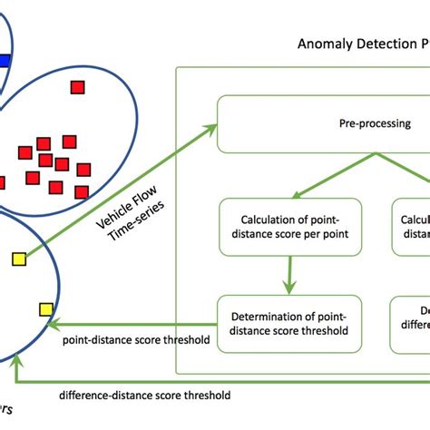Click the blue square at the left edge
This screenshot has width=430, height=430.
pos(5,61)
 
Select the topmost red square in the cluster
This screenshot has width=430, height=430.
pos(78,87)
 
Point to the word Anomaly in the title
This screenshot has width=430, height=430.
pos(324,43)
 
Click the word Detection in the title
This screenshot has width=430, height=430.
pos(382,43)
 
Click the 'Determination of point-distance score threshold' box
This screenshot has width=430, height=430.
pos(289,323)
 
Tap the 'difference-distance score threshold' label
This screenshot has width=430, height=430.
pos(144,395)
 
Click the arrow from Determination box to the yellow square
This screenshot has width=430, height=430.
pos(136,325)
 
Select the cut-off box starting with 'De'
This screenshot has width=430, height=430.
pos(411,323)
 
